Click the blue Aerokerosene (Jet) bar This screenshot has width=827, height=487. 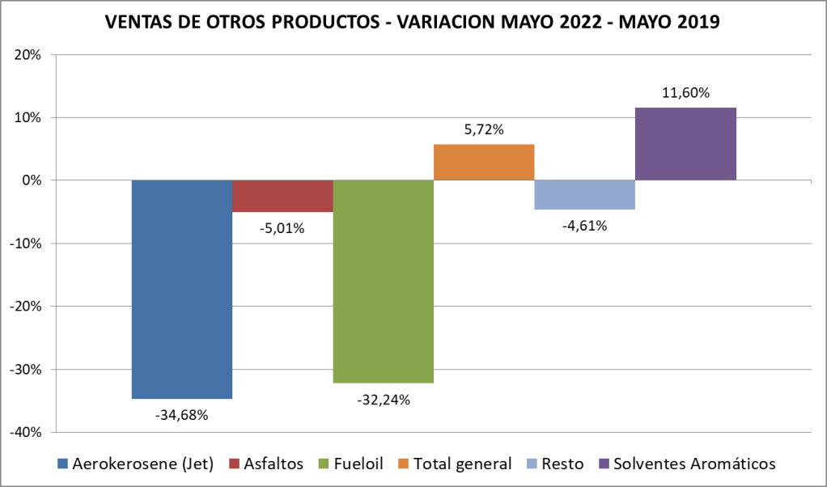(182, 289)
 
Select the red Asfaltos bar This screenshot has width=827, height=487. (282, 196)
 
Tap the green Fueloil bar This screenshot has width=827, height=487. (384, 281)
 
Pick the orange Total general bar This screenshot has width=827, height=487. (484, 162)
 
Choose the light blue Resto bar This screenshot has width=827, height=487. (584, 194)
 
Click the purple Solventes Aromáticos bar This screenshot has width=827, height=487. (685, 143)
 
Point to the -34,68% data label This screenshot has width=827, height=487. (182, 416)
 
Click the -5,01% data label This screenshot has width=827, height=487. (282, 229)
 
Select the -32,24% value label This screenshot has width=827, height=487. (384, 400)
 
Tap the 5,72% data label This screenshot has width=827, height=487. (484, 129)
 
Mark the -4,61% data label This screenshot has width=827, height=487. (584, 227)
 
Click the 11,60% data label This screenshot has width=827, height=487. (685, 93)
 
